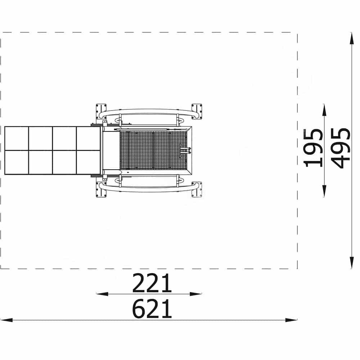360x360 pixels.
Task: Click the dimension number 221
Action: [x=152, y=283]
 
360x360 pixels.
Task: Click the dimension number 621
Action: [x=152, y=309]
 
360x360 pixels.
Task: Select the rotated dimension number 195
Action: [x=313, y=148]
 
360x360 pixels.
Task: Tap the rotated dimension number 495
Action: [x=341, y=148]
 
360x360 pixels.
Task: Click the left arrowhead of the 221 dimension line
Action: [x=102, y=294]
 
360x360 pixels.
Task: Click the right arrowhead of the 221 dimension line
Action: [x=196, y=294]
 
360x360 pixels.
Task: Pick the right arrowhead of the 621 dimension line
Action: [x=291, y=320]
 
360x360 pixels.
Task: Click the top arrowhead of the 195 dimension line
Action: [x=324, y=110]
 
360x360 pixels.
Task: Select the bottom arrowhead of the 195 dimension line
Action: [x=324, y=191]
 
